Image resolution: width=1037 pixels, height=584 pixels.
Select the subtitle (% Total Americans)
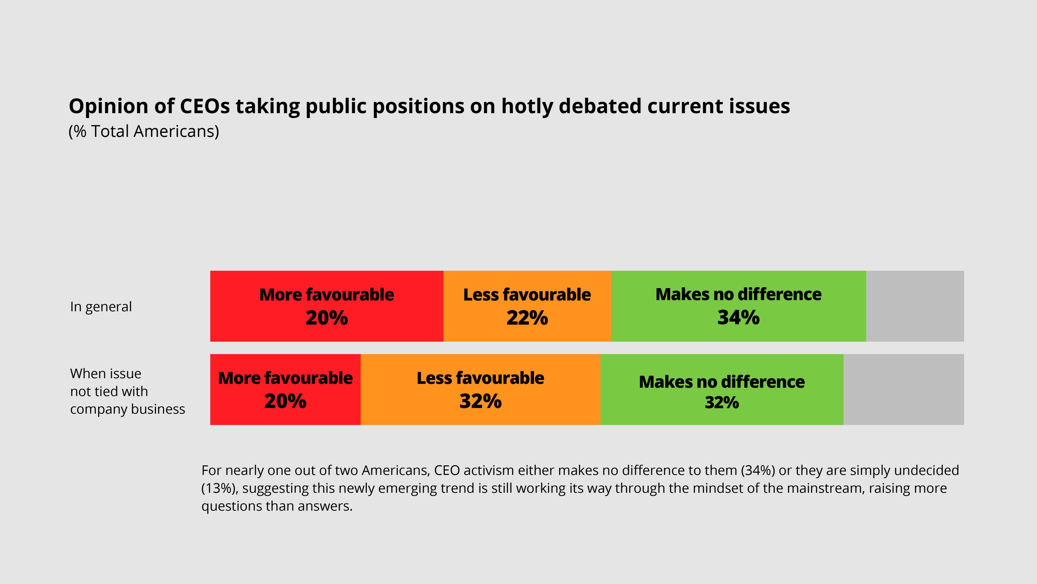click(x=144, y=131)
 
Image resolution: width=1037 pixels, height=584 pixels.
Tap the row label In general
click(x=101, y=307)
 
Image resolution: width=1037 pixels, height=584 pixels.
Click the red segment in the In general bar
click(x=327, y=306)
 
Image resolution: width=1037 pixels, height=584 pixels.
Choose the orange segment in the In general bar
click(x=527, y=306)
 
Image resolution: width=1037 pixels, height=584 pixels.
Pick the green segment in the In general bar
click(x=738, y=306)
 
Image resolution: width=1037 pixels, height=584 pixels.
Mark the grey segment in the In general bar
click(x=915, y=306)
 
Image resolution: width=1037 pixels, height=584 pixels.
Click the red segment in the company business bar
click(x=285, y=389)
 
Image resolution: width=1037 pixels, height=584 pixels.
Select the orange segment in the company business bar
click(x=480, y=389)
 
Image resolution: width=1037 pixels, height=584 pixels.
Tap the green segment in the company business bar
click(x=722, y=389)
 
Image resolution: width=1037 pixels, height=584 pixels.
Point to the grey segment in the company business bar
click(x=904, y=389)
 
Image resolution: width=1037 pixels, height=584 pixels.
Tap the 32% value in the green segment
click(x=722, y=403)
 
